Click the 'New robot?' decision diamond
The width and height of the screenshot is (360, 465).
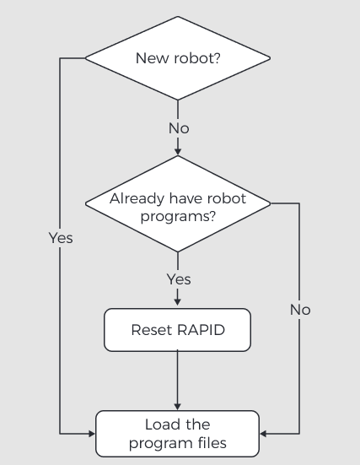[x=178, y=58]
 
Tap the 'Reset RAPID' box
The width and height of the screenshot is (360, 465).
[x=178, y=330]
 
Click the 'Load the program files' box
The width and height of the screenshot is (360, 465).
[x=178, y=434]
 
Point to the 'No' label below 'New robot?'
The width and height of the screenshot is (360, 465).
[x=178, y=128]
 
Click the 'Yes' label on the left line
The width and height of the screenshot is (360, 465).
[x=61, y=238]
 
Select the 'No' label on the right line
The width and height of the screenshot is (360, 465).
[x=300, y=310]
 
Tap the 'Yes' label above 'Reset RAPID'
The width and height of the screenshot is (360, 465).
[x=178, y=279]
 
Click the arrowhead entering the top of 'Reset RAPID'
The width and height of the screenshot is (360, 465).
[x=178, y=304]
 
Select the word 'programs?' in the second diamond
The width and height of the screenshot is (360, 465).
[x=178, y=216]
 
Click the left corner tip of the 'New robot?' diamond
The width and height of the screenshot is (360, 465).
[x=86, y=58]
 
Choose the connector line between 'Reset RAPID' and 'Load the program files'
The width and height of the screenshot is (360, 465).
[x=178, y=376]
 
